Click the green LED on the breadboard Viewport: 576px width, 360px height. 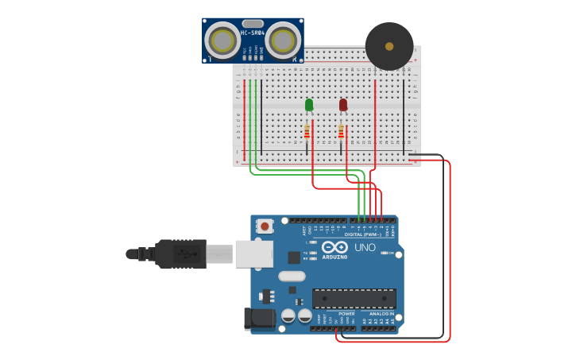(x=309, y=105)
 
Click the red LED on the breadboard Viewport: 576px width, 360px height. (x=343, y=105)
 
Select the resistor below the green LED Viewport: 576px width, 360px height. (x=307, y=132)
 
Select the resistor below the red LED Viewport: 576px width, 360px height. (x=342, y=132)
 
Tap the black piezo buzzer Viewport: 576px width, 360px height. (x=389, y=46)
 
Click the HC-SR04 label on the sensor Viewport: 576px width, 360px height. (x=253, y=33)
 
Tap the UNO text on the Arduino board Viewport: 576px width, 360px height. (x=365, y=248)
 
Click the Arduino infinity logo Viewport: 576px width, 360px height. (x=334, y=247)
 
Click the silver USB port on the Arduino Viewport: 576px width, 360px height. (x=254, y=254)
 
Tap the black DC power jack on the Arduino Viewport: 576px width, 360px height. (x=261, y=318)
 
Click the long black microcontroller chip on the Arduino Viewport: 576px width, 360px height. (x=354, y=298)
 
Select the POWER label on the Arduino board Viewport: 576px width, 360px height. (x=347, y=314)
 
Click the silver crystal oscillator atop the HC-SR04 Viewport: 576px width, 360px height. (x=253, y=23)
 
